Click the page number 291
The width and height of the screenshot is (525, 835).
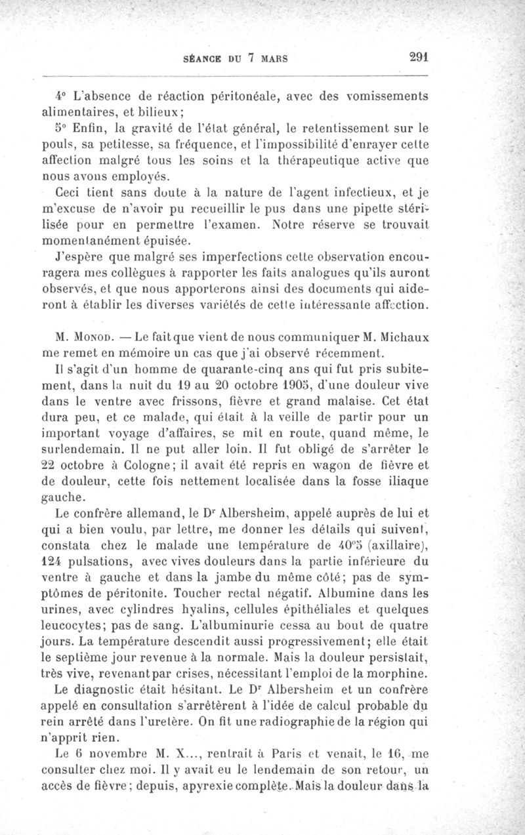pyautogui.click(x=417, y=56)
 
